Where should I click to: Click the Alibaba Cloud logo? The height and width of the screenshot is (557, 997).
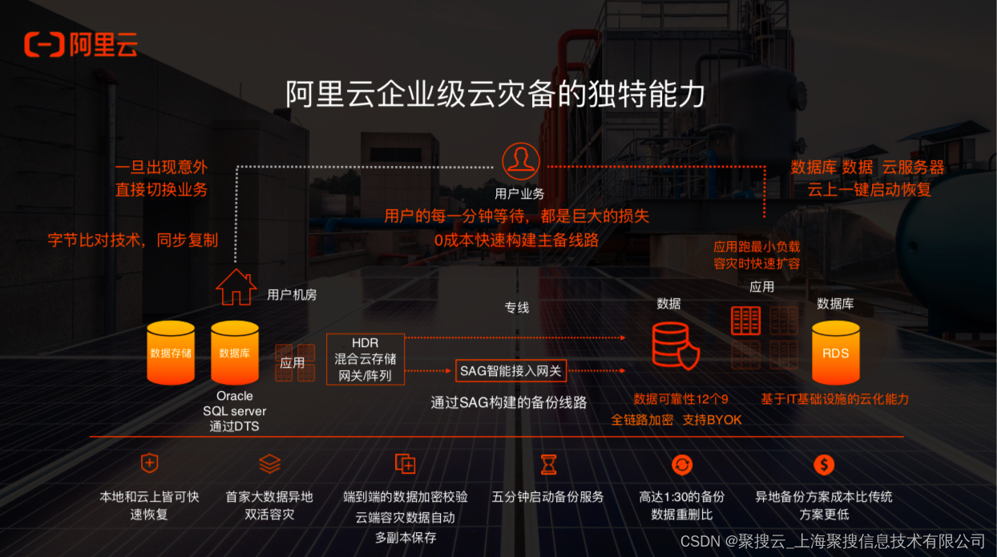(80, 44)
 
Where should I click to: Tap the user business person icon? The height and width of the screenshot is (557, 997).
(520, 161)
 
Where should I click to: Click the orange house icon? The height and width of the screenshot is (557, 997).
(236, 287)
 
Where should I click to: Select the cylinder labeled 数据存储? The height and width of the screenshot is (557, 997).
(171, 353)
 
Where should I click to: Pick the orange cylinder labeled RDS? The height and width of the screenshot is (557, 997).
(835, 353)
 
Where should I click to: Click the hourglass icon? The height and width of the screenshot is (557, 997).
(548, 464)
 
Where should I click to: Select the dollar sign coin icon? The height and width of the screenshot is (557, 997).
(824, 464)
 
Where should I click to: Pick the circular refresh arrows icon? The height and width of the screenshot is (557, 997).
(682, 464)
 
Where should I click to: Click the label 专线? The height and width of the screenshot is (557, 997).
(517, 308)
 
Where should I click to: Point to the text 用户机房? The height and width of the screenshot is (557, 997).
(292, 295)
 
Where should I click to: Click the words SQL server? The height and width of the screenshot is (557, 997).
(234, 411)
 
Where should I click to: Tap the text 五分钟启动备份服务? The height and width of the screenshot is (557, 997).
(547, 497)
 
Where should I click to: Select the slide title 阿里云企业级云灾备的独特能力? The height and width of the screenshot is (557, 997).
(495, 94)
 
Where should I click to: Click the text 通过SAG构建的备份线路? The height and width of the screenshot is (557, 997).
(509, 402)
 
